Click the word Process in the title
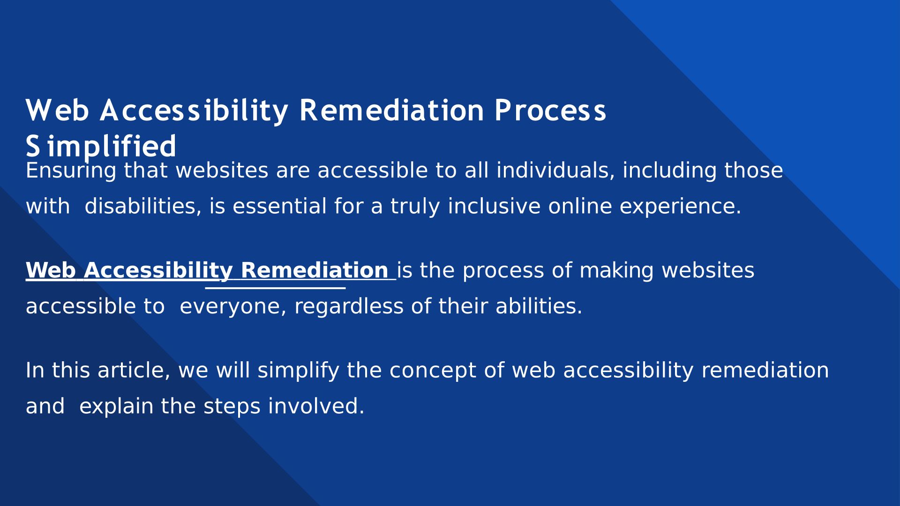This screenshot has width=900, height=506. click(550, 111)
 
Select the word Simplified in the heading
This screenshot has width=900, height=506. click(101, 146)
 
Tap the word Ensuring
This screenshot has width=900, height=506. click(71, 171)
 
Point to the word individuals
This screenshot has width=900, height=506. click(555, 170)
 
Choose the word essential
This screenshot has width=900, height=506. click(279, 206)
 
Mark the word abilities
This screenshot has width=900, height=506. click(539, 306)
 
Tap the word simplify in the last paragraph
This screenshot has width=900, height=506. click(298, 371)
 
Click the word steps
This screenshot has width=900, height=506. click(232, 407)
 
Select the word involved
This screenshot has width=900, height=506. click(316, 406)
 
